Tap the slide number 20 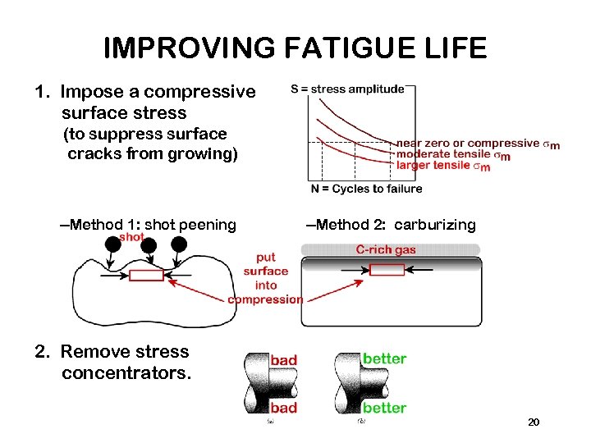pos(534,422)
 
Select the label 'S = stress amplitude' pos(347,89)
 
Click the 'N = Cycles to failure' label pos(366,189)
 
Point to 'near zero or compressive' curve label pos(468,144)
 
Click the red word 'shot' pos(132,237)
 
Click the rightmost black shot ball pos(176,244)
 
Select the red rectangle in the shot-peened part pos(146,275)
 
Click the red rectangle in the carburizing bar pos(387,269)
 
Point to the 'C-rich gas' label pos(386,249)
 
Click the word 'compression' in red pos(265,299)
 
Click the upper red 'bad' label pos(284,360)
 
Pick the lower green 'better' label pos(384,408)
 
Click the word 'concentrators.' pos(126,374)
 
